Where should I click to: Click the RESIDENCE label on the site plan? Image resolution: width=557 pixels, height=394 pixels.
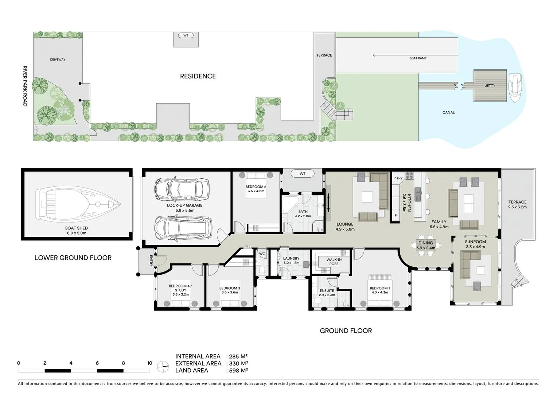click(x=198, y=76)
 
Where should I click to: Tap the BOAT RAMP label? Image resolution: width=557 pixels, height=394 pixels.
click(x=418, y=58)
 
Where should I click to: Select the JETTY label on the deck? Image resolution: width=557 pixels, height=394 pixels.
click(x=490, y=86)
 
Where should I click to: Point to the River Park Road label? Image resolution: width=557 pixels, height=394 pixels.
click(x=25, y=86)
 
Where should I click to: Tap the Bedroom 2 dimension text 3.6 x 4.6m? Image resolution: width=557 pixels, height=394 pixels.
click(x=256, y=191)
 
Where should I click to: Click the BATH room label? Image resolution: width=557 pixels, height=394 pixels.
click(x=303, y=212)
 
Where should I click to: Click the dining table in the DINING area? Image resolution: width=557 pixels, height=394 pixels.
click(x=426, y=246)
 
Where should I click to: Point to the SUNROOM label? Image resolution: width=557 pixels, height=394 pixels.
click(x=475, y=242)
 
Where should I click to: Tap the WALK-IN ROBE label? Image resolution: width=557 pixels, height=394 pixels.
click(x=334, y=262)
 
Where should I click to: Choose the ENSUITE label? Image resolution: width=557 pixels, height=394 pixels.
click(x=327, y=291)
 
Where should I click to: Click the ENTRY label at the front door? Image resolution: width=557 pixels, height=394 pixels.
click(x=151, y=260)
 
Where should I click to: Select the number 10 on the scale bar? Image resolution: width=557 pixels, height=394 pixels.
click(x=149, y=363)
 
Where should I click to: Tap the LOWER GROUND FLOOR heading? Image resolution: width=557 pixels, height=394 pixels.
click(x=73, y=258)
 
